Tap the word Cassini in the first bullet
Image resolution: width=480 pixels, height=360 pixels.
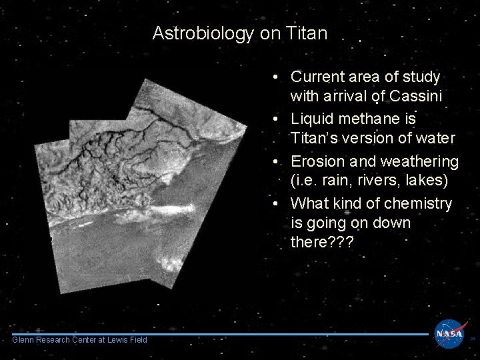(x=413, y=97)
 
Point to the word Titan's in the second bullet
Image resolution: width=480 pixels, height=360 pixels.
(x=317, y=139)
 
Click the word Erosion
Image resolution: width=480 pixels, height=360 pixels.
(x=319, y=161)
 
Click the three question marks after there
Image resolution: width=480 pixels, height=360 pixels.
(x=341, y=243)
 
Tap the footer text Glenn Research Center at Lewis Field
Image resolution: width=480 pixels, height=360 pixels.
(x=79, y=340)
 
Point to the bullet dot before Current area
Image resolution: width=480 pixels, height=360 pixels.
(x=275, y=78)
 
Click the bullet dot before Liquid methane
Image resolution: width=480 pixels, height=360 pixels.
(x=275, y=119)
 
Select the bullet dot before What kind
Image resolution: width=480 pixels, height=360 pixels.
(x=275, y=203)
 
